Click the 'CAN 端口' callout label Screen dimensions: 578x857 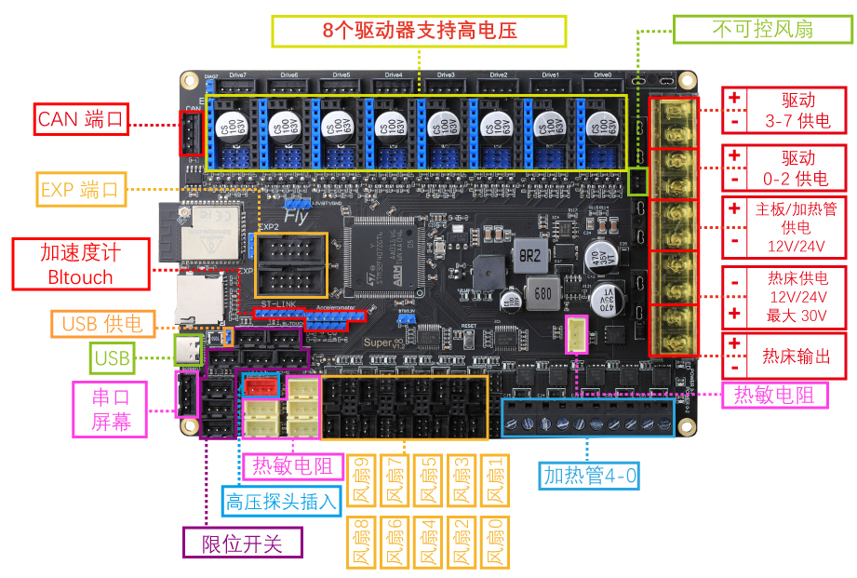pos(82,119)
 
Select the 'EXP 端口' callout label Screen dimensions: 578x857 pos(82,191)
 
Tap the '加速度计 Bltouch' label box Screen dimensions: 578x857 pos(80,264)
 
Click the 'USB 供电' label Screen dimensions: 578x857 pos(102,324)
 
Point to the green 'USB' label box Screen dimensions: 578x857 pos(113,356)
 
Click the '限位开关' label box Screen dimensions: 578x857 pos(243,543)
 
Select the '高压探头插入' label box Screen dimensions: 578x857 pos(280,503)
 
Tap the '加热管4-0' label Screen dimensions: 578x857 pos(590,477)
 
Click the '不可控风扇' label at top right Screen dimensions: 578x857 pos(762,29)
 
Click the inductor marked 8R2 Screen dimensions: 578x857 pos(530,255)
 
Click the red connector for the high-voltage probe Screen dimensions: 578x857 pos(260,385)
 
